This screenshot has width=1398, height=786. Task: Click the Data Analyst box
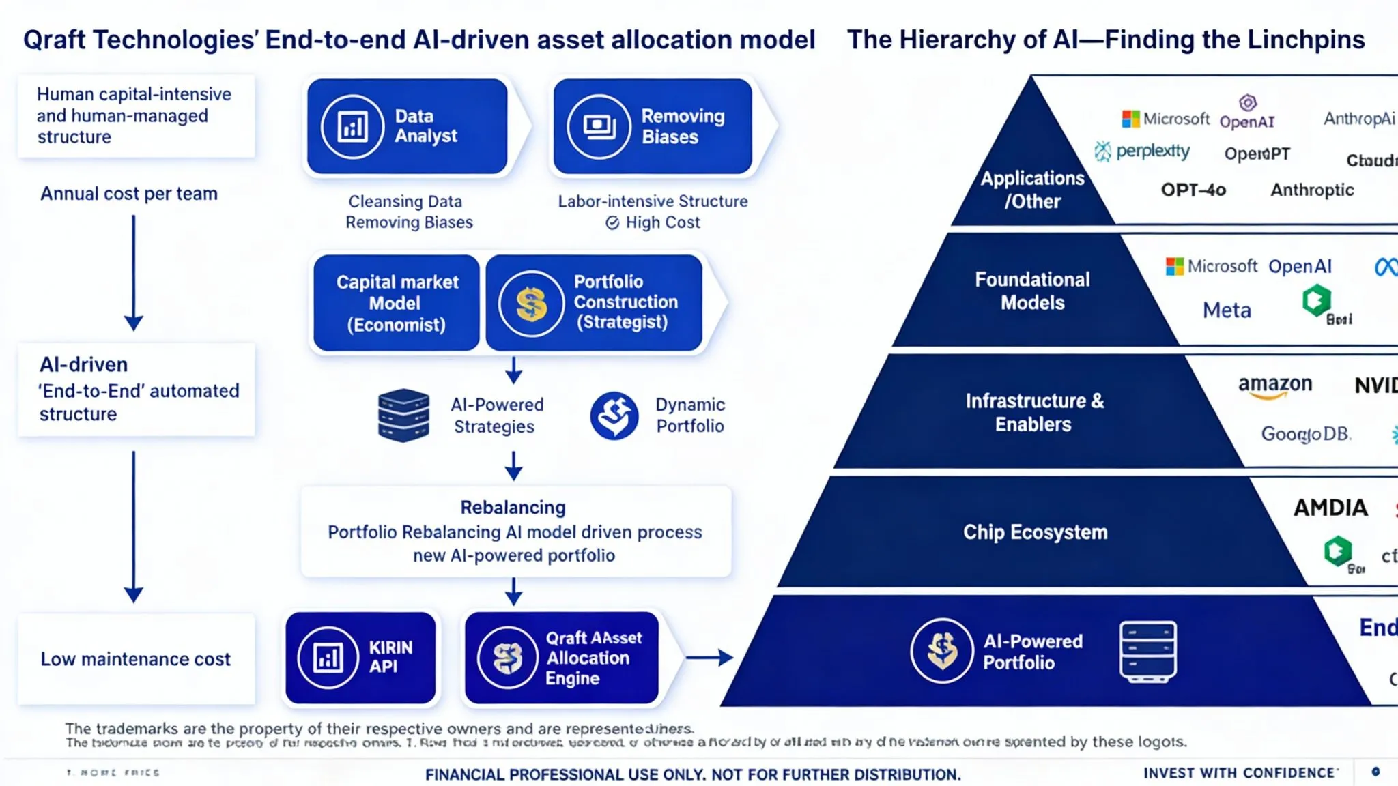pyautogui.click(x=407, y=126)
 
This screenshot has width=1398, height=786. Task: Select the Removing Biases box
pyautogui.click(x=653, y=126)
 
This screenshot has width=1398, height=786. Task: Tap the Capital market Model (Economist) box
pyautogui.click(x=397, y=303)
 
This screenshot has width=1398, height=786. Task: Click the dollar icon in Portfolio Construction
pyautogui.click(x=531, y=304)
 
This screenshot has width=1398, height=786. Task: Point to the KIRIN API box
pyautogui.click(x=360, y=658)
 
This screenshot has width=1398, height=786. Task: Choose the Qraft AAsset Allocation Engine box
pyautogui.click(x=562, y=658)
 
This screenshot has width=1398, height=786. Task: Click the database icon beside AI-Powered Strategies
pyautogui.click(x=403, y=415)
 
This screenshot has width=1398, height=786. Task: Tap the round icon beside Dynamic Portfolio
pyautogui.click(x=614, y=415)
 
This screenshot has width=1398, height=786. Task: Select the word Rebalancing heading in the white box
pyautogui.click(x=513, y=508)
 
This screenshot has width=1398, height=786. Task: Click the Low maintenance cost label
pyautogui.click(x=136, y=659)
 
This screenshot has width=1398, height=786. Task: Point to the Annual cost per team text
pyautogui.click(x=129, y=194)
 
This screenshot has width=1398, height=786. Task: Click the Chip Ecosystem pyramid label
pyautogui.click(x=1035, y=532)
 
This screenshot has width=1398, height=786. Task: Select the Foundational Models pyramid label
pyautogui.click(x=1032, y=291)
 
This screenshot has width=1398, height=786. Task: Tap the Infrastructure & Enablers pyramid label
pyautogui.click(x=1034, y=412)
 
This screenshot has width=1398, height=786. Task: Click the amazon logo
pyautogui.click(x=1274, y=385)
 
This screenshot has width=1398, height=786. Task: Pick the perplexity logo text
pyautogui.click(x=1152, y=151)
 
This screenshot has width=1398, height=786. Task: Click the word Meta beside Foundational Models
pyautogui.click(x=1227, y=310)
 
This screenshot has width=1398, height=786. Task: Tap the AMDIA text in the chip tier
pyautogui.click(x=1330, y=508)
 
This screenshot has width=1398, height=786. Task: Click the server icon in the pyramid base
pyautogui.click(x=1148, y=652)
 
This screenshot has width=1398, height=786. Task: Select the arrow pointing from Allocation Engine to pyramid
pyautogui.click(x=709, y=658)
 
